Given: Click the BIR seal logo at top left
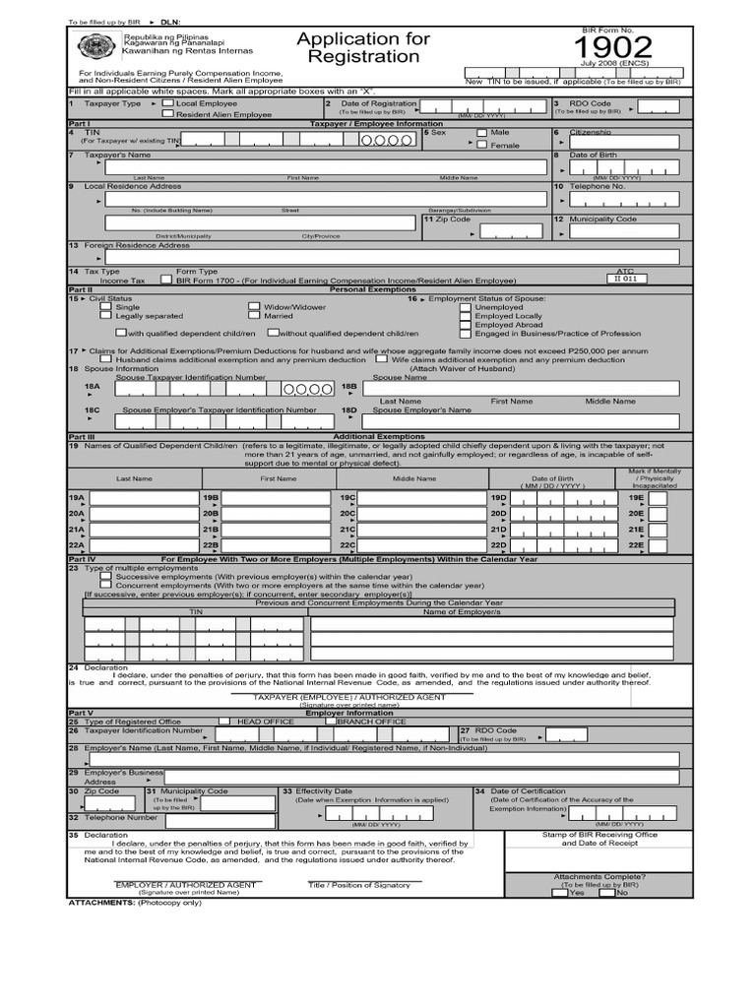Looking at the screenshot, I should point(94,47).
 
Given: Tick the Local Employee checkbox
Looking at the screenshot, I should point(168,102).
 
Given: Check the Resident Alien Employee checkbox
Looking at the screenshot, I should point(168,113).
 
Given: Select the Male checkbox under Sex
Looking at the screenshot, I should point(481,132).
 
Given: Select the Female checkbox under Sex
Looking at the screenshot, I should point(481,145).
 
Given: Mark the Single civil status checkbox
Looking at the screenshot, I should point(106,307).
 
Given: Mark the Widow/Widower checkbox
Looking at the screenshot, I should point(254,307).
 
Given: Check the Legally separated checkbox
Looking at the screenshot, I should point(106,316).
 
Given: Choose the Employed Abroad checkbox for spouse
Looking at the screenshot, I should point(466,325).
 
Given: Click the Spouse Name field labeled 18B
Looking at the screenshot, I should point(522,388).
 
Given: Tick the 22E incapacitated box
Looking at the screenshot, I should point(657,545).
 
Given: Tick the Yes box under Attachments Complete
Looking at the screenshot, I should point(559,893).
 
